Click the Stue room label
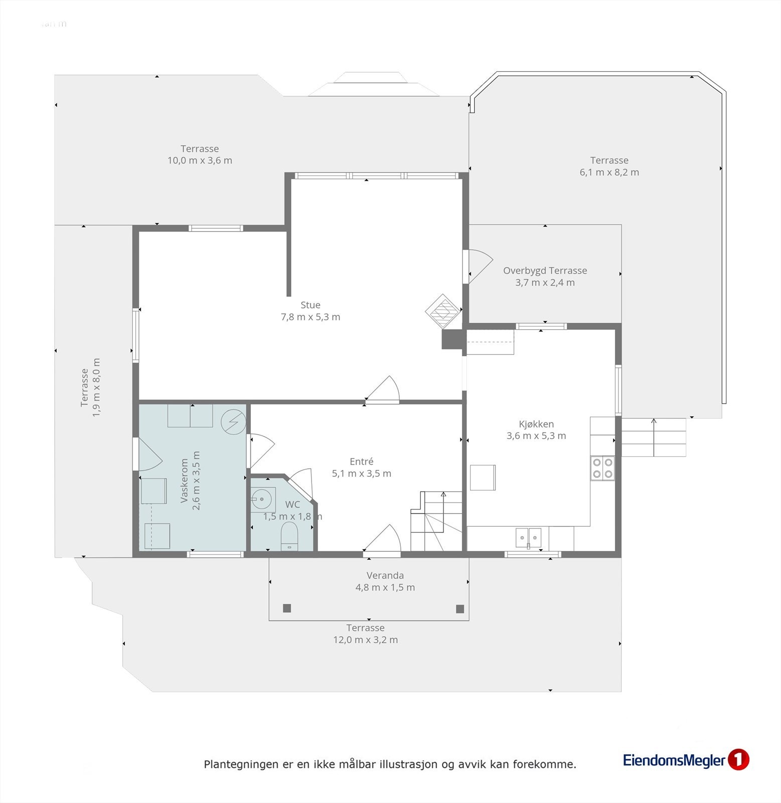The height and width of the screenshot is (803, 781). click(310, 305)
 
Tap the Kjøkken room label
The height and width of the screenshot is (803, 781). click(536, 424)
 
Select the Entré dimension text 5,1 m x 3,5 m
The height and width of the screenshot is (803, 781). click(362, 473)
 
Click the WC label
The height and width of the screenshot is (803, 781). click(292, 504)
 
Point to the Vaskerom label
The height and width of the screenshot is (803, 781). click(184, 481)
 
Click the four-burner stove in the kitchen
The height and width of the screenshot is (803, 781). click(602, 468)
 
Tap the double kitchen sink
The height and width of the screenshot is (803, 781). click(529, 538)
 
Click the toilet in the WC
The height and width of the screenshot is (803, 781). click(289, 536)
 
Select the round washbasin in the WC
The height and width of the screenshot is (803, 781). click(263, 499)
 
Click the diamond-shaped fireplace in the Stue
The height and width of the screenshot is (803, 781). click(443, 312)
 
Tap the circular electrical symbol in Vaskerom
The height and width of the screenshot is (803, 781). click(233, 422)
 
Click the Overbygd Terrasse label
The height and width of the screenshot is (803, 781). click(545, 271)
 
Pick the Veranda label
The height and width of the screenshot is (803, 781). click(385, 576)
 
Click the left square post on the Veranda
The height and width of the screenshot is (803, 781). click(287, 608)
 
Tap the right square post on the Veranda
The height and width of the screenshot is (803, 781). click(460, 609)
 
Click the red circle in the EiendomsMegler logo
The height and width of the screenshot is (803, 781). click(738, 760)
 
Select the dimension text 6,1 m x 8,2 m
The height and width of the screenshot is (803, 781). click(609, 172)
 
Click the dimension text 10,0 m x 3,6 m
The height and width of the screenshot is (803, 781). click(200, 161)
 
